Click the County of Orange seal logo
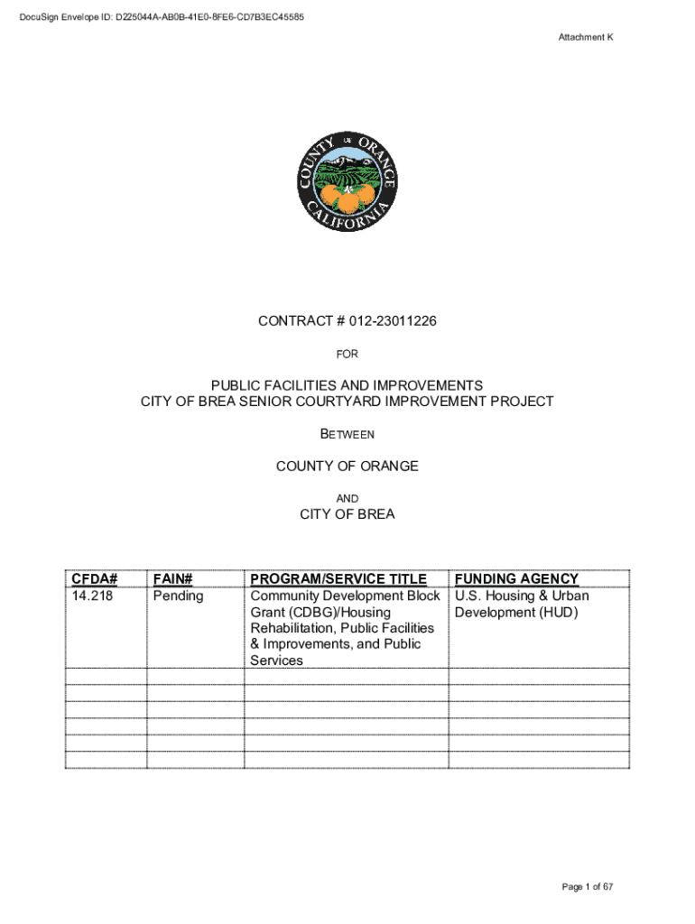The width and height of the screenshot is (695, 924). (x=347, y=183)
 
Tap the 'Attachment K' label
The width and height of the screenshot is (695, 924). (x=586, y=37)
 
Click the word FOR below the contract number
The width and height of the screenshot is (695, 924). (x=347, y=355)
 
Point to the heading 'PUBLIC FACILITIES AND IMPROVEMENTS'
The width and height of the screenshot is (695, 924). (x=347, y=385)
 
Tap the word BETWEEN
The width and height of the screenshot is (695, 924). (x=347, y=434)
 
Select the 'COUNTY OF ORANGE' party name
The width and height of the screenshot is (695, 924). (x=347, y=467)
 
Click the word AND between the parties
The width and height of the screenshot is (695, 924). (x=347, y=499)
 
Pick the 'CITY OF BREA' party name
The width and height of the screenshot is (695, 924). (x=347, y=515)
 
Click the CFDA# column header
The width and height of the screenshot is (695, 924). (x=96, y=578)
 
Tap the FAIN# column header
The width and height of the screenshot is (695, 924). (x=173, y=578)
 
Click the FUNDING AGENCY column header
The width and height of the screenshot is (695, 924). (x=516, y=578)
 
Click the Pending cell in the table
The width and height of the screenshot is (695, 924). (x=179, y=596)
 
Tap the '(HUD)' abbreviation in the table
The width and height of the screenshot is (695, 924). (x=558, y=613)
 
